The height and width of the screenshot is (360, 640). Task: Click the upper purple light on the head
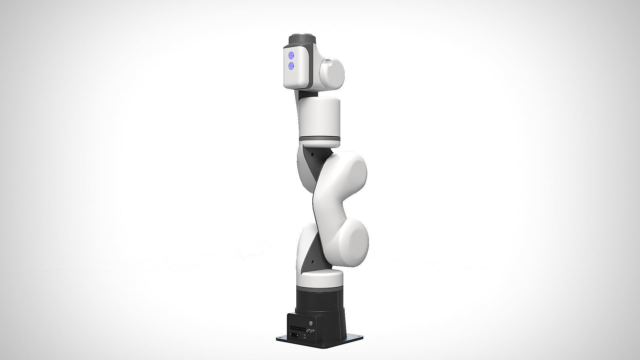[291, 55]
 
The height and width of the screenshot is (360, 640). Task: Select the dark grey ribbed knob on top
[302, 39]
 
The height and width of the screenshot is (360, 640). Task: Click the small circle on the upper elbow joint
[360, 166]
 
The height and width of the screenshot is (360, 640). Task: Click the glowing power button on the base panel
[311, 323]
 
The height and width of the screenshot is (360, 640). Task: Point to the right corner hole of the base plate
[359, 336]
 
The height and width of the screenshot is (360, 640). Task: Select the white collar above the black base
[319, 279]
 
